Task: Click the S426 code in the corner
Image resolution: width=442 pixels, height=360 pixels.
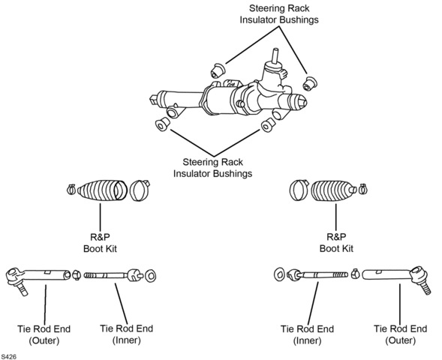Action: pos(8,356)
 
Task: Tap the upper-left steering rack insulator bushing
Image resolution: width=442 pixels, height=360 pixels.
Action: pos(218,70)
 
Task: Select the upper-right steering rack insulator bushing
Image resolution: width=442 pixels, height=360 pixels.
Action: pos(309,83)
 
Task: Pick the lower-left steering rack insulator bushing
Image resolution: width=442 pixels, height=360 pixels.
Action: pos(163,124)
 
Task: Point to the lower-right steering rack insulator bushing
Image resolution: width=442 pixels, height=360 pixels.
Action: pos(268,124)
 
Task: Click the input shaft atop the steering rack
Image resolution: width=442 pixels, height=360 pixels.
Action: pos(275,55)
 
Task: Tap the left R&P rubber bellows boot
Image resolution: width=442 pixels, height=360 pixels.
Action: pos(102,190)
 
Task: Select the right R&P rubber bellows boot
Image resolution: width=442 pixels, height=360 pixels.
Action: pos(333,190)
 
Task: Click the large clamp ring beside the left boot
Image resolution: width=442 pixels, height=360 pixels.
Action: pos(140,190)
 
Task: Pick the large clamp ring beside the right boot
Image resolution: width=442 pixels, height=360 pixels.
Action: pos(299,190)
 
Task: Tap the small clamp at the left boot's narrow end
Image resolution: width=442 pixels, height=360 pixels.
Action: pos(71,189)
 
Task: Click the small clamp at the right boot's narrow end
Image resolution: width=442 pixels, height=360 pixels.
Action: pos(362,189)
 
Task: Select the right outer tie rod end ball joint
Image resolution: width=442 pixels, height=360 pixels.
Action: pos(419,278)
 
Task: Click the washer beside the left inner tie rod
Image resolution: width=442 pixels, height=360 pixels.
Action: pos(151,276)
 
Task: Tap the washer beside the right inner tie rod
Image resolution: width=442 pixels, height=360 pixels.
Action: pos(279,274)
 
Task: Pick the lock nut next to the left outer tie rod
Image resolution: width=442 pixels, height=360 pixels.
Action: pos(76,275)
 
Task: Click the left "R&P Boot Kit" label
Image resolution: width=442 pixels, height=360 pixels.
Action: pos(100,243)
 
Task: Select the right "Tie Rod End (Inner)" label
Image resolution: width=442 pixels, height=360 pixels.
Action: pos(307,334)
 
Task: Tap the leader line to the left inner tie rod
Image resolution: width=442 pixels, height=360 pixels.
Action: pos(121,304)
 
